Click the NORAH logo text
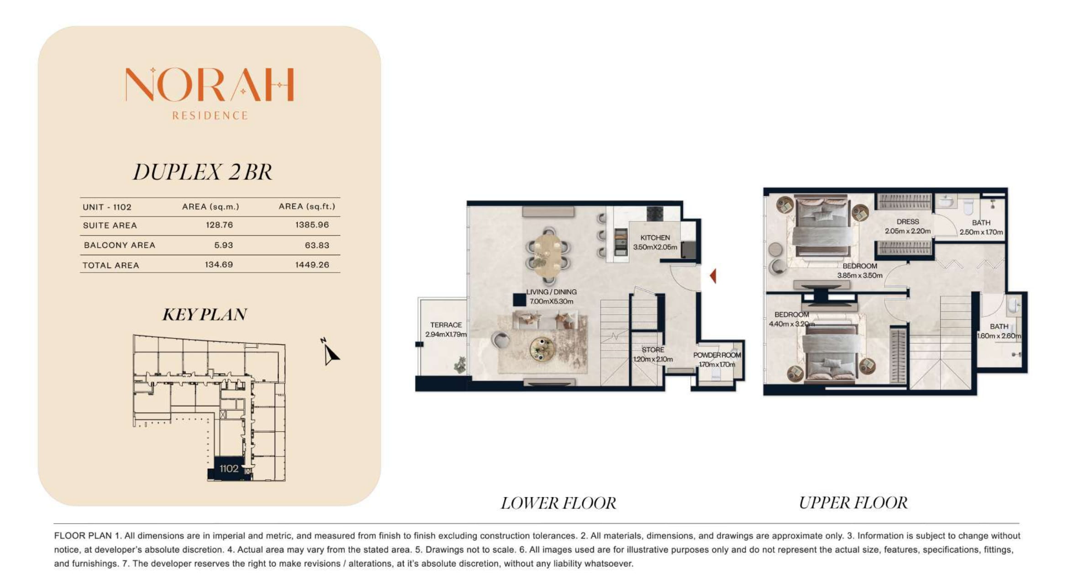point(210,84)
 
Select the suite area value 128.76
point(220,225)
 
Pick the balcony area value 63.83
point(317,245)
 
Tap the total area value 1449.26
point(312,265)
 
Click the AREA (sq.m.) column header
point(210,207)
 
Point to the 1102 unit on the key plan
point(229,468)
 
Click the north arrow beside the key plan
point(330,352)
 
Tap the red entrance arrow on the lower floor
point(713,276)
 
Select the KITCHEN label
point(655,238)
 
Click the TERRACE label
point(446,325)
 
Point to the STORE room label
point(653,350)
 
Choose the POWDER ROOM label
point(717,355)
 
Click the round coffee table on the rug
point(542,349)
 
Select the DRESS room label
point(908,221)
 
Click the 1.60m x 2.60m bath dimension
point(999,336)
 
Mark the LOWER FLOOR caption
point(558,503)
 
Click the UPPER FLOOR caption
point(853,503)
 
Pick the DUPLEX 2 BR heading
point(202,172)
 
